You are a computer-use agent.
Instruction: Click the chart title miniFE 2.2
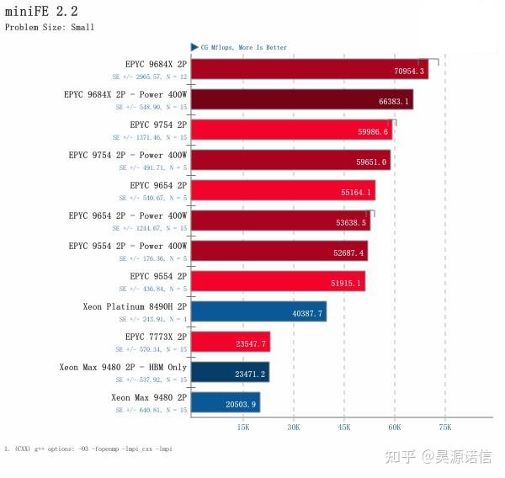(x=41, y=12)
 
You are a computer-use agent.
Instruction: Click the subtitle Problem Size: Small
(x=50, y=27)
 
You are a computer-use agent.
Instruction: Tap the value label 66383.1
(x=394, y=102)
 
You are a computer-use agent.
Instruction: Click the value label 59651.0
(x=371, y=162)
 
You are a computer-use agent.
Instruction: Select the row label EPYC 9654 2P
(x=158, y=185)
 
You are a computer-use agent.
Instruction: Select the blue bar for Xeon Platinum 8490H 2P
(x=258, y=311)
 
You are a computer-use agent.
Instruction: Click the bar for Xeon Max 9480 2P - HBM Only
(x=230, y=372)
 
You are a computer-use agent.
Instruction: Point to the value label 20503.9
(x=241, y=405)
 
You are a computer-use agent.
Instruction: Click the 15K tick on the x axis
(x=242, y=428)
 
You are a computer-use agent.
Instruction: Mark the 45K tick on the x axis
(x=343, y=428)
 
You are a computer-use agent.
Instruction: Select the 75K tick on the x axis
(x=445, y=428)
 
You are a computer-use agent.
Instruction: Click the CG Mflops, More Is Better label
(x=243, y=48)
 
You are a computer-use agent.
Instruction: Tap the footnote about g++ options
(x=88, y=449)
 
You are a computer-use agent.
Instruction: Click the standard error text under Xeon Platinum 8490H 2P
(x=152, y=319)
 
